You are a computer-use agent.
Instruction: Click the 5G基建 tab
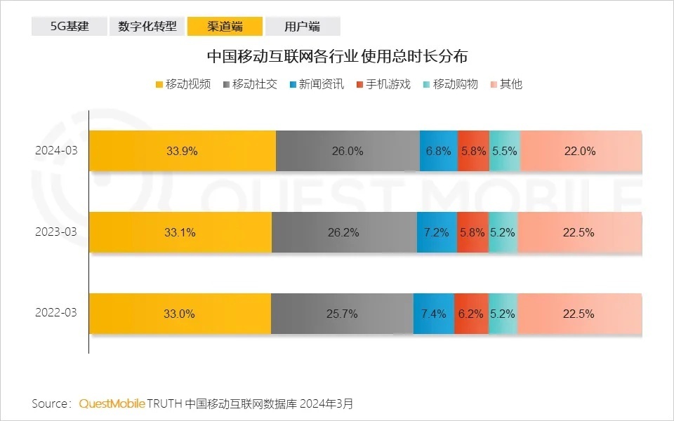69,27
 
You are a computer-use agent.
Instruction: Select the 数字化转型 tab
147,27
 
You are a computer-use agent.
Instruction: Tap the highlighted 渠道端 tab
225,27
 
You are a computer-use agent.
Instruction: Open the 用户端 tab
302,27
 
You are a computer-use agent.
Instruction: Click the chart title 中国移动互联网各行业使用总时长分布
337,56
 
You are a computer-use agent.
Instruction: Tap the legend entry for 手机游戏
383,84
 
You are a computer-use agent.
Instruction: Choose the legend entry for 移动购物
450,84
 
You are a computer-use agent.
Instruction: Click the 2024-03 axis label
56,151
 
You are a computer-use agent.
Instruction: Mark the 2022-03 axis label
56,314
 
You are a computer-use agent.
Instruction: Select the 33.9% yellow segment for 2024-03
182,151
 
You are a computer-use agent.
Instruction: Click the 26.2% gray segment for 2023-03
343,232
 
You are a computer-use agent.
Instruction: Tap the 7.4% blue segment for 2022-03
433,314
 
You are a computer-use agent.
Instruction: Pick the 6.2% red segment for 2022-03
471,314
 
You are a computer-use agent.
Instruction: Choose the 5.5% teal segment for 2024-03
504,151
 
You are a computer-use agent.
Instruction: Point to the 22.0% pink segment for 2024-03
581,151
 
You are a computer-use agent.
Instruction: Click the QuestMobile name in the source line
112,403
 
